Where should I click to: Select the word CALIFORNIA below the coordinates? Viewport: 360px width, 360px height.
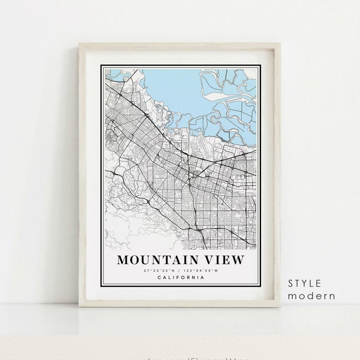tap(180, 277)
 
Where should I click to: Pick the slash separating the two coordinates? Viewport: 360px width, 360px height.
tap(179, 271)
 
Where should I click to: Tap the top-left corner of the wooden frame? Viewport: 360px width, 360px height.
tap(80, 44)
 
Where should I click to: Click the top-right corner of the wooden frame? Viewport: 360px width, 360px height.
tap(280, 44)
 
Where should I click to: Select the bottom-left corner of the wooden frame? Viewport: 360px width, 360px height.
tap(80, 306)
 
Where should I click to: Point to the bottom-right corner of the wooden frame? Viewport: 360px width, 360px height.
tap(280, 306)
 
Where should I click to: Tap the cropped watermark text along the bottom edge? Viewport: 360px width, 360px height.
tap(180, 357)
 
